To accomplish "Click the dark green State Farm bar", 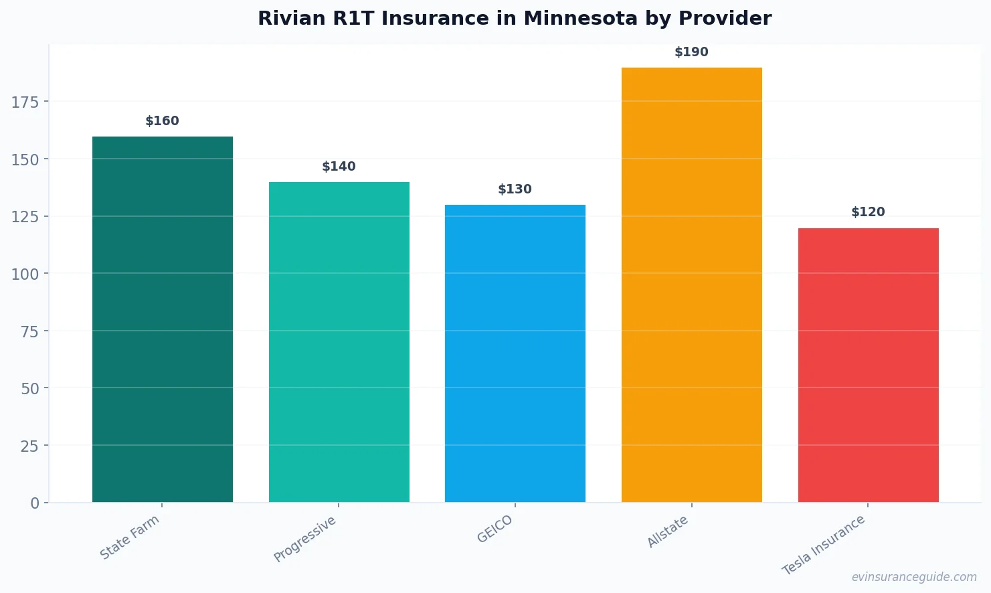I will [x=163, y=319].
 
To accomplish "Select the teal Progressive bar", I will [x=339, y=342].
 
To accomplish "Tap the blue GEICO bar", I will [x=515, y=353].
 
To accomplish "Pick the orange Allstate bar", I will [x=691, y=284].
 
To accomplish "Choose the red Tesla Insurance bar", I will [x=868, y=365].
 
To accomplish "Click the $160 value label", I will [x=163, y=121].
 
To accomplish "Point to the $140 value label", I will [x=339, y=167].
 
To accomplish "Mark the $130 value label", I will [x=515, y=189].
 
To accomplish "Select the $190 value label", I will [x=691, y=52].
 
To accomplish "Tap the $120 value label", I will [x=868, y=212].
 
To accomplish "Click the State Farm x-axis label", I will [x=130, y=537].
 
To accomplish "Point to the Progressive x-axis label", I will [x=305, y=539].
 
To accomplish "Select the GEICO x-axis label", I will [x=495, y=529].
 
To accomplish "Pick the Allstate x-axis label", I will [x=668, y=532].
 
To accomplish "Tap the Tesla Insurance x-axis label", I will [x=824, y=545].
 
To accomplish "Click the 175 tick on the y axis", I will [x=25, y=102].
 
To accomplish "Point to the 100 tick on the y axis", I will [x=25, y=274].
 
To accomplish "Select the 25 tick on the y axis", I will [x=29, y=446].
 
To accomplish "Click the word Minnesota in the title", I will [x=580, y=18].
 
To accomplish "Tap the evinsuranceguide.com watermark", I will [x=914, y=577].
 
